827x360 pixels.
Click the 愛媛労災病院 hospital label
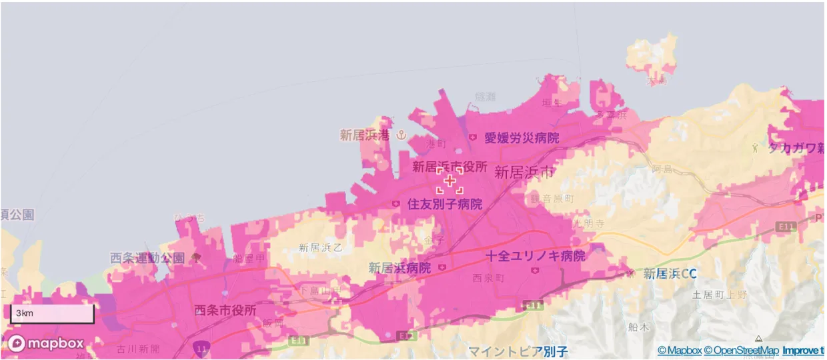[521, 138]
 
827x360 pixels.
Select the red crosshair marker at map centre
[450, 181]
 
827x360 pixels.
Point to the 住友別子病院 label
[444, 204]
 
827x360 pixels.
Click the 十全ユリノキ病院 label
[535, 256]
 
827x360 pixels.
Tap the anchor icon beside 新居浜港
[401, 135]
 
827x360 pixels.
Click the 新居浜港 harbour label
[364, 135]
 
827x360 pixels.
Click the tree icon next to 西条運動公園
[195, 257]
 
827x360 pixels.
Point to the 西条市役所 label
[225, 310]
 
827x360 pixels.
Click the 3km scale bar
[51, 313]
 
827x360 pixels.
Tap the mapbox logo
[46, 343]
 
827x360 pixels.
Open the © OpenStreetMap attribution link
[741, 351]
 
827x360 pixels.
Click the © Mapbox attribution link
[679, 351]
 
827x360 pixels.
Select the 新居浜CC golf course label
[670, 273]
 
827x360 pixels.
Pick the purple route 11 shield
[201, 348]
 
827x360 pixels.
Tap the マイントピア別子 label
[518, 351]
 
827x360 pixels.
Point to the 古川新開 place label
[138, 349]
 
